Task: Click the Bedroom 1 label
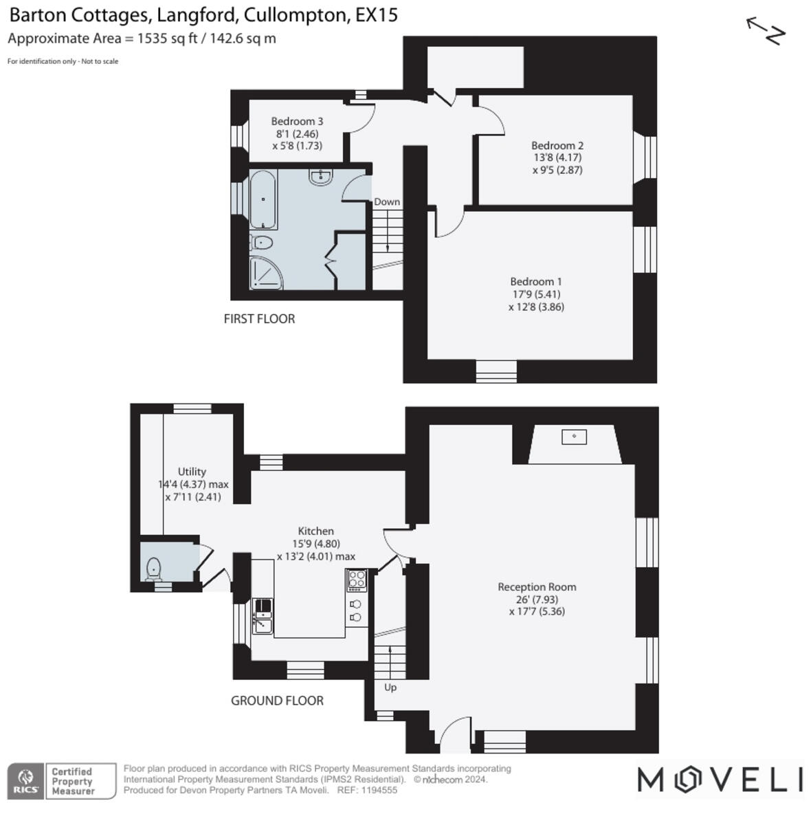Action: click(x=536, y=281)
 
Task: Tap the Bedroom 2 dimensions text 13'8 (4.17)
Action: click(x=557, y=157)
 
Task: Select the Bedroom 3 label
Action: click(x=297, y=121)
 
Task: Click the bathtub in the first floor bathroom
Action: click(x=263, y=199)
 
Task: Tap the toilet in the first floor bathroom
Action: click(x=263, y=243)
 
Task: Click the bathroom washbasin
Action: click(x=320, y=177)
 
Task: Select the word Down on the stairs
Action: click(x=387, y=201)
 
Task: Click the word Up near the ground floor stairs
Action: click(x=390, y=687)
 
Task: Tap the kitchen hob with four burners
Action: click(x=357, y=581)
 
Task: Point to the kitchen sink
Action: click(x=263, y=616)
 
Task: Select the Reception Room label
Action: click(x=537, y=586)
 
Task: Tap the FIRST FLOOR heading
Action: click(x=259, y=319)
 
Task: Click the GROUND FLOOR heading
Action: click(x=277, y=701)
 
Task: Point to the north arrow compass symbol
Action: click(x=766, y=31)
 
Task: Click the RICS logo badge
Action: click(x=26, y=781)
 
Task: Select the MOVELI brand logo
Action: click(x=720, y=780)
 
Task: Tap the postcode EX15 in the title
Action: click(x=376, y=15)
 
